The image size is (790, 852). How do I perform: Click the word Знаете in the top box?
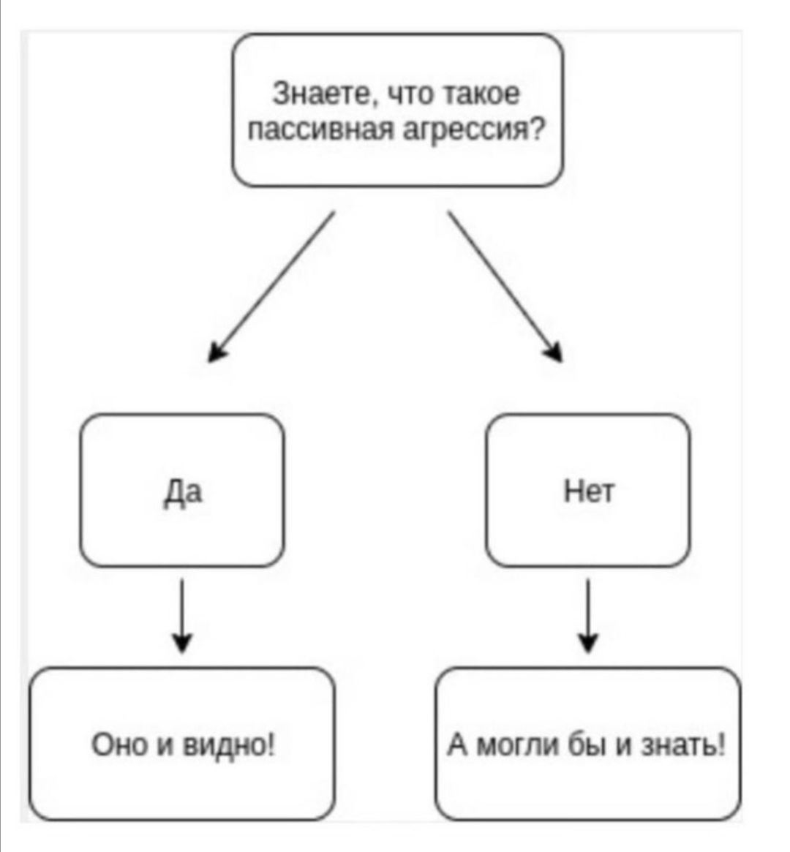tap(323, 94)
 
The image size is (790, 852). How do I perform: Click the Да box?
tap(182, 490)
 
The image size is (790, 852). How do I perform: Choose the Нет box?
tap(588, 490)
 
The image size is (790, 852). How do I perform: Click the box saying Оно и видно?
tap(182, 744)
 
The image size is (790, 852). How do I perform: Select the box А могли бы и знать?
tap(588, 744)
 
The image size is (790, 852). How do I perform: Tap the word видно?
tap(229, 744)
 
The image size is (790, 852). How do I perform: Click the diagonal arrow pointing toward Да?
tap(271, 287)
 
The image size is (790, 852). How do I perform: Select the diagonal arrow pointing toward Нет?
tap(505, 287)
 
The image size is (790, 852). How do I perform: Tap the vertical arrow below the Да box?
tap(182, 616)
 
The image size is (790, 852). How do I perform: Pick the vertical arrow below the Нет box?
tap(588, 616)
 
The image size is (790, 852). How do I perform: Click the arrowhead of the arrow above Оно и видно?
tap(182, 643)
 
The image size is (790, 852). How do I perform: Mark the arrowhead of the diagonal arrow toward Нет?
tap(555, 353)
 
